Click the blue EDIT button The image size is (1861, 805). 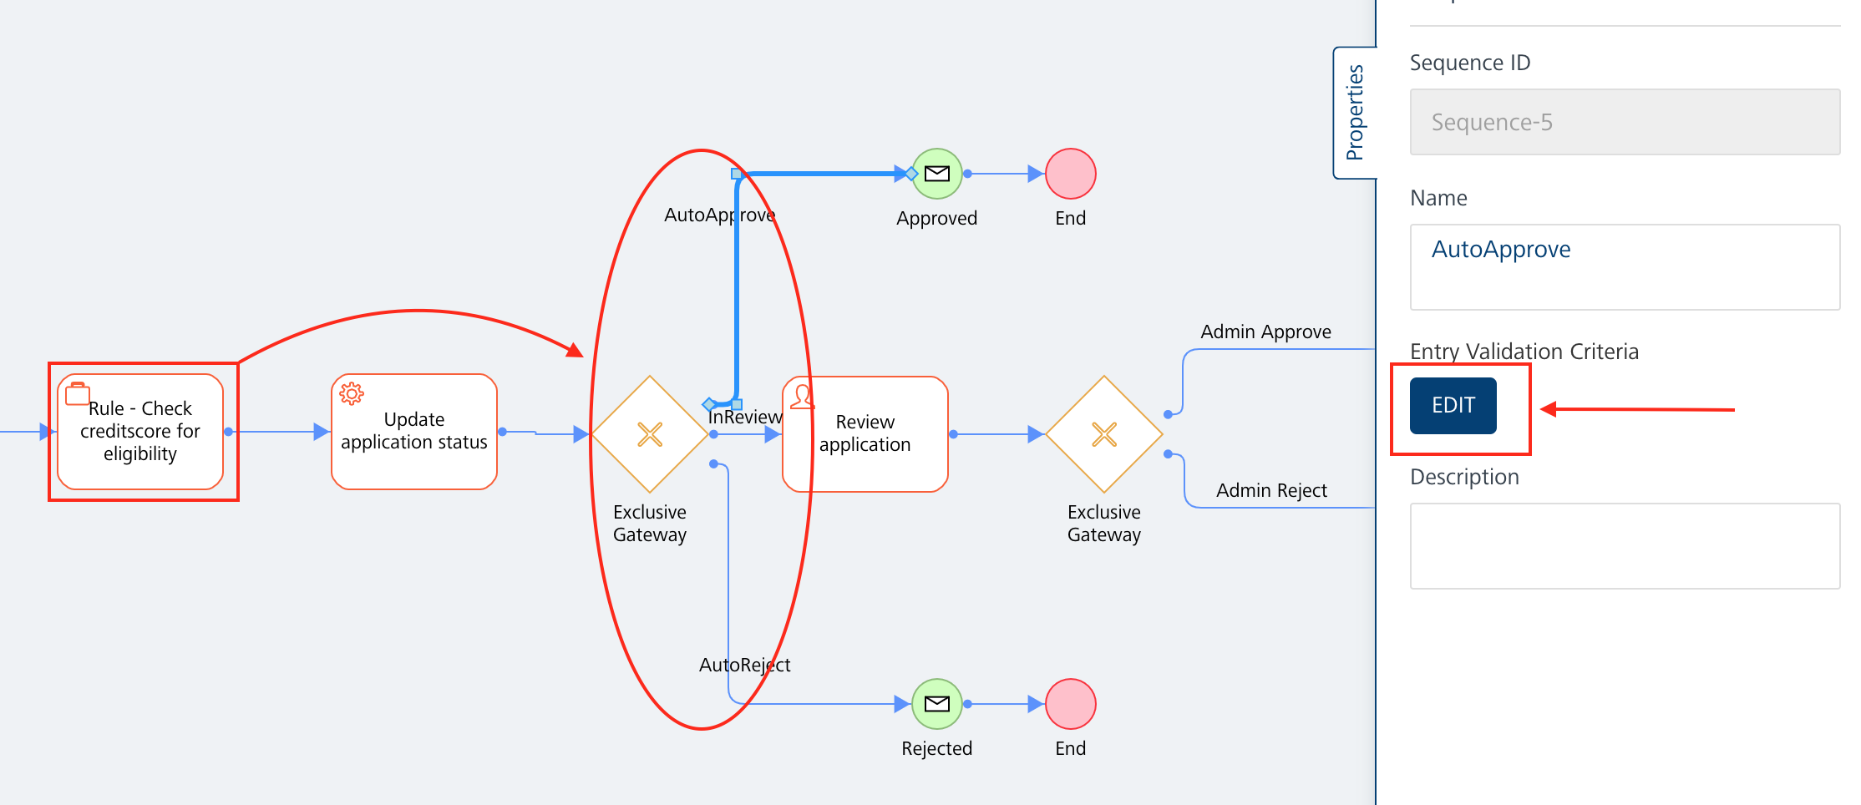(x=1453, y=406)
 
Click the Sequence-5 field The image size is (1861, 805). (x=1624, y=122)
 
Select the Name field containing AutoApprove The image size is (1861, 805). (x=1624, y=266)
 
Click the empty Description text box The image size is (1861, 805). (x=1624, y=545)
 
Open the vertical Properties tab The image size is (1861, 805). (x=1354, y=113)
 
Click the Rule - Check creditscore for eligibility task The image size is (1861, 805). (x=140, y=432)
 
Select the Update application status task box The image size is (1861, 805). (x=414, y=432)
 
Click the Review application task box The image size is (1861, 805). (x=865, y=434)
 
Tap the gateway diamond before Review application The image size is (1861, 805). (x=650, y=434)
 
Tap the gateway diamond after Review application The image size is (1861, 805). (x=1103, y=434)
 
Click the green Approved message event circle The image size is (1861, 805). (x=936, y=174)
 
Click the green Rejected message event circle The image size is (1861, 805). (x=936, y=704)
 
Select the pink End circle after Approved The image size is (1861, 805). (x=1070, y=174)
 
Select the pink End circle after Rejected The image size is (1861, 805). (x=1070, y=704)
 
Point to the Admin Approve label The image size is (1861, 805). (x=1265, y=332)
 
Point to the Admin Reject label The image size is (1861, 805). (x=1271, y=491)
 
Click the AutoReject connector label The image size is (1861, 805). (x=744, y=666)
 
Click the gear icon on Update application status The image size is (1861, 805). (x=352, y=393)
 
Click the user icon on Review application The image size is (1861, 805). (x=802, y=396)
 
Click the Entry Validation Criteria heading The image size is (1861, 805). (x=1524, y=352)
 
